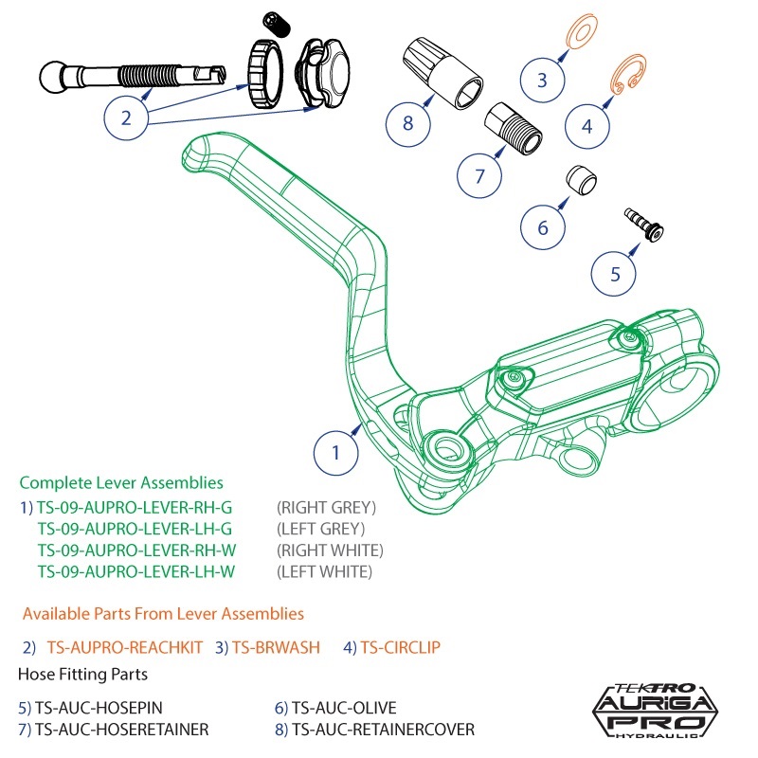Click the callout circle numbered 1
pos(335,453)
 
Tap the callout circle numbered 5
pos(615,274)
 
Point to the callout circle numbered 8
pos(408,123)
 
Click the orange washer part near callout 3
pos(579,34)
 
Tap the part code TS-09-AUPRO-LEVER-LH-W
pos(135,571)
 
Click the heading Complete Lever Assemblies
pos(121,482)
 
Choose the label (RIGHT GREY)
pos(326,507)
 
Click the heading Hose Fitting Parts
pos(82,675)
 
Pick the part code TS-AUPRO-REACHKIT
pos(124,647)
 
